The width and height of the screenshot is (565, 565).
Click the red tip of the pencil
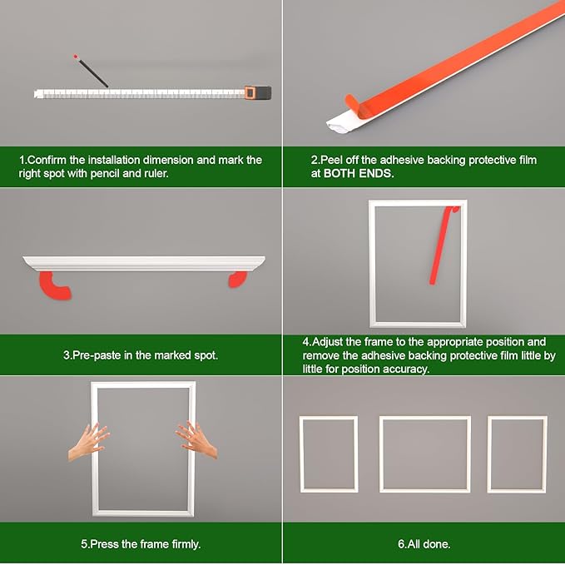coord(76,57)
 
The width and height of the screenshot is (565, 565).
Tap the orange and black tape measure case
coord(258,92)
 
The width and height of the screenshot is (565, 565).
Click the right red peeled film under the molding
coord(238,280)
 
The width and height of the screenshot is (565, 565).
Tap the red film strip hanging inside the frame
coord(442,245)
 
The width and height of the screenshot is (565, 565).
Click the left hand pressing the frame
coord(89,442)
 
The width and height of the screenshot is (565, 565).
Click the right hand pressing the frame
coord(196,439)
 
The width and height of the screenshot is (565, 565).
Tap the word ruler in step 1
coord(157,174)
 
